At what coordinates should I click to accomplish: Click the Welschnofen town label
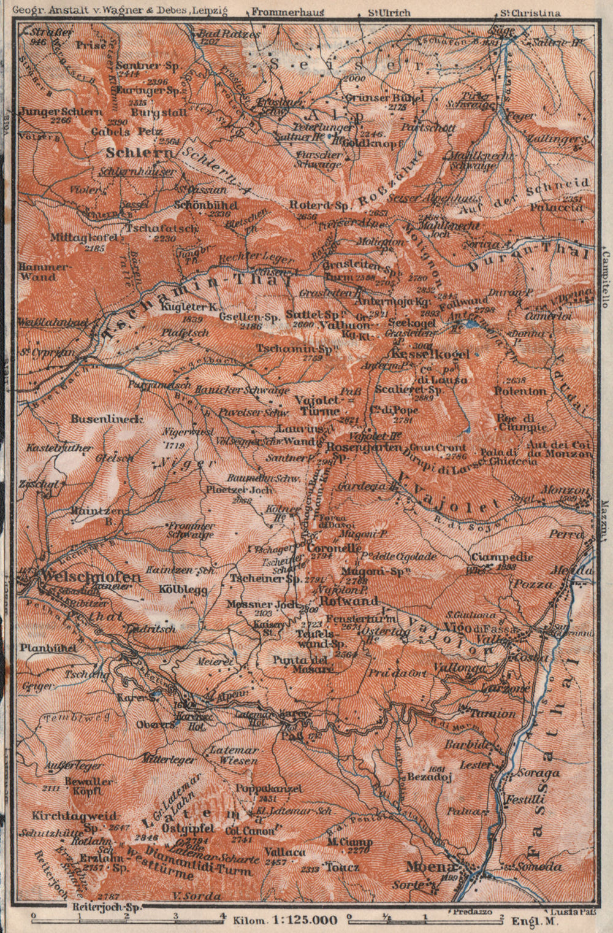coord(89,577)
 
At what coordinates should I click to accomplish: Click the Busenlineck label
coord(107,419)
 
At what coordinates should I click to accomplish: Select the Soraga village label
coord(539,773)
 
